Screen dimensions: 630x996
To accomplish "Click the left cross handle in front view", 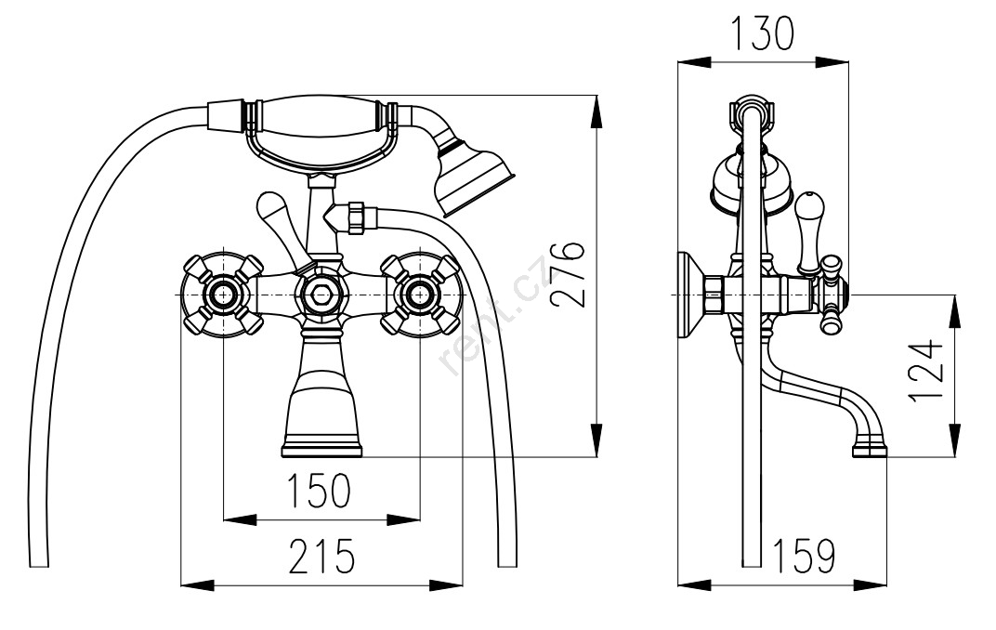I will pyautogui.click(x=224, y=295).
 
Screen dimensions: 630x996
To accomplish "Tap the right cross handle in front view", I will pyautogui.click(x=419, y=295).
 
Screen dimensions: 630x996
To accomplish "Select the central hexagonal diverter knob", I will pyautogui.click(x=321, y=295).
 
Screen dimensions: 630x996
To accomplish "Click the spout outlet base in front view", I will pyautogui.click(x=321, y=450).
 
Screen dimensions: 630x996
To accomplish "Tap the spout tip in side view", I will pyautogui.click(x=871, y=451).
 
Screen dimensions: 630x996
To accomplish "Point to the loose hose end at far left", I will pyautogui.click(x=38, y=558).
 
